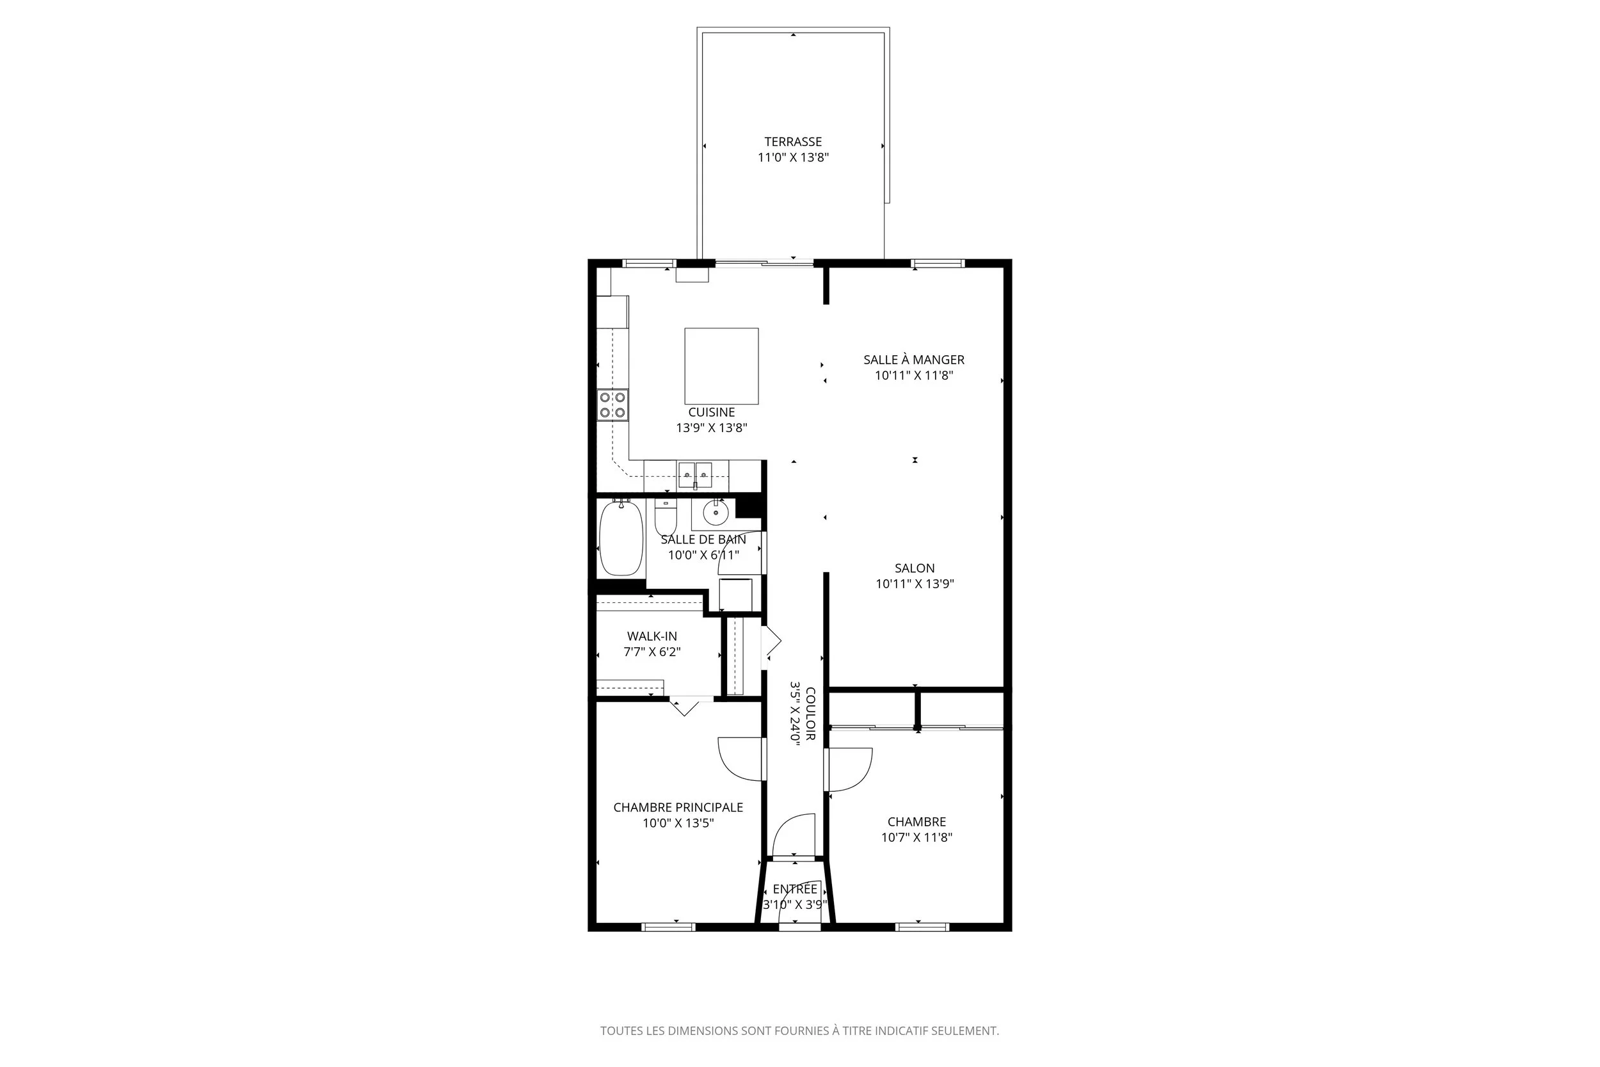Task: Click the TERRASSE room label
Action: [x=792, y=141]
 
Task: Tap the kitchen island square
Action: [x=721, y=366]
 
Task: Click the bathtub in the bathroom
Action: [x=620, y=538]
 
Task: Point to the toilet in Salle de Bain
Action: [x=666, y=518]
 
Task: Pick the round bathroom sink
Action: [x=715, y=511]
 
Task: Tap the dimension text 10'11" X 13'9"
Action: [x=915, y=584]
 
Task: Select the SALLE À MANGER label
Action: [x=914, y=359]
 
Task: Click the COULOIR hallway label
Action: [x=810, y=714]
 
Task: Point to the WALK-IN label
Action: [x=652, y=636]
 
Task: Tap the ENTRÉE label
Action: [x=794, y=888]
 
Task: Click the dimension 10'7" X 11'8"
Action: [x=916, y=838]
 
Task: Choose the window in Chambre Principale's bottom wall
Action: [x=668, y=927]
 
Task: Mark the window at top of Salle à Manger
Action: [x=938, y=263]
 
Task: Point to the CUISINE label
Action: [x=711, y=412]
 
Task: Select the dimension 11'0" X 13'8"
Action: [x=792, y=158]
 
